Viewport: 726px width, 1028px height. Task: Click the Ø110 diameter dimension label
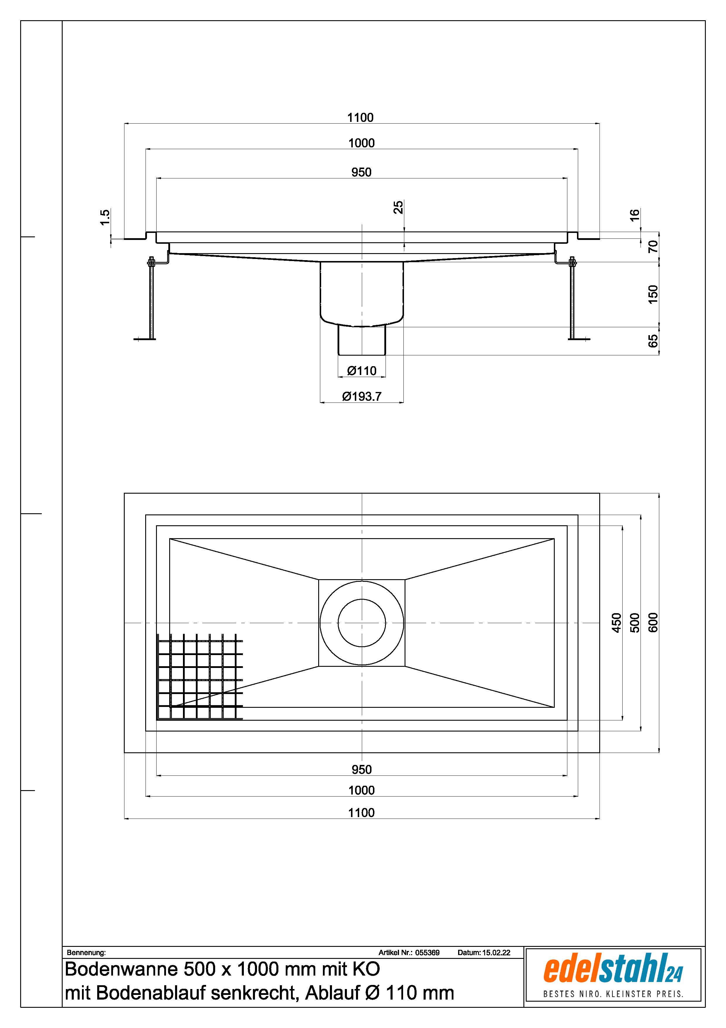coord(362,371)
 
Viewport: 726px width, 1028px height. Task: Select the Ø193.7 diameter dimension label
coord(362,396)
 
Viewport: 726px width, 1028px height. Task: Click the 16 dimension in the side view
coord(634,215)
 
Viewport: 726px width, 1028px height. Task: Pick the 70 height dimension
coord(653,246)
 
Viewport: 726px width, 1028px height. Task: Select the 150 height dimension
coord(653,294)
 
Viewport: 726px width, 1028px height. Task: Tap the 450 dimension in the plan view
coord(617,623)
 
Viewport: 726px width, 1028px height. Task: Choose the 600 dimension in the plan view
coord(653,623)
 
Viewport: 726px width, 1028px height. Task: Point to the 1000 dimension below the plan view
coord(362,790)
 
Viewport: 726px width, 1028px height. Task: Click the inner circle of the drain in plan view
coord(362,599)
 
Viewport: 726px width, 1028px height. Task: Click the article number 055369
coord(427,952)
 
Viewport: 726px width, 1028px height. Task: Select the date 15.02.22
coord(496,952)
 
